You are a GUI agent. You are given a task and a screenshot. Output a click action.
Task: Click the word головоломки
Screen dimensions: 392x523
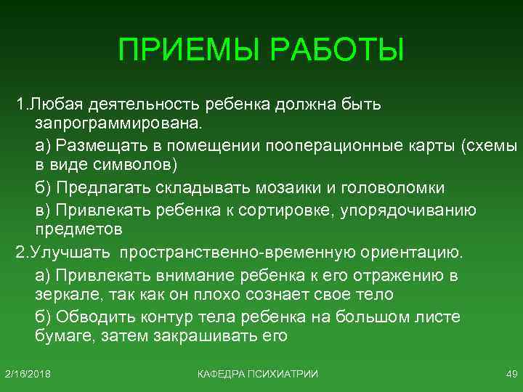[x=392, y=187]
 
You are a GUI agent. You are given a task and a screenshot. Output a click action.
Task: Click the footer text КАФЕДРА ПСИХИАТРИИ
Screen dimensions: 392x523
[x=258, y=373]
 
